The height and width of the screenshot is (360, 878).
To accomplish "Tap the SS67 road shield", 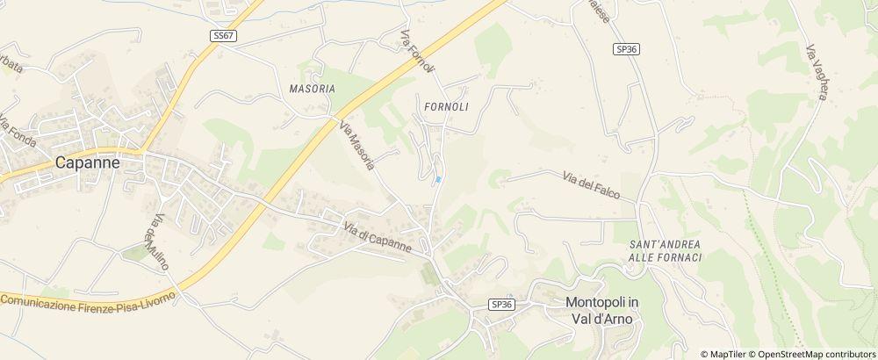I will [x=224, y=36].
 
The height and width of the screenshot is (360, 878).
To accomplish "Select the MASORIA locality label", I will [x=312, y=90].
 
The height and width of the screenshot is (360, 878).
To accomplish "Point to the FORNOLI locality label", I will [x=445, y=106].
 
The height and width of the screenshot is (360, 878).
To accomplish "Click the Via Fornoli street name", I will [x=417, y=54].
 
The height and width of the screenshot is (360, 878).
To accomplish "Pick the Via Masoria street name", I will [x=357, y=147].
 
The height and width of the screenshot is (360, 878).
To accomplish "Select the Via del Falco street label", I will [x=593, y=185].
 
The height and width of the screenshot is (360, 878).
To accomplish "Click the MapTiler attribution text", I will [x=725, y=353].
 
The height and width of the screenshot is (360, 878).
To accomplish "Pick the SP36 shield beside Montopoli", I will [x=500, y=304].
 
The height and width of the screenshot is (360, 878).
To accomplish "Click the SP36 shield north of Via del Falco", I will [x=625, y=50].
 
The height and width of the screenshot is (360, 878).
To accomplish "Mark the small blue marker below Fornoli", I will [x=437, y=180].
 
